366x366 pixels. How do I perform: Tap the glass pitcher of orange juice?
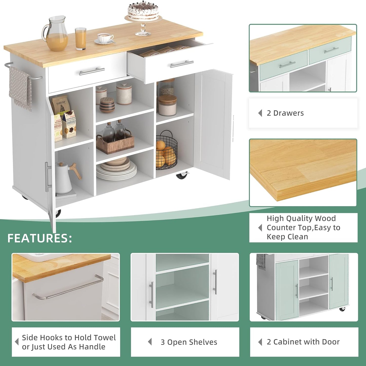click(x=56, y=34)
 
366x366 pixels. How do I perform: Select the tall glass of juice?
click(x=81, y=39)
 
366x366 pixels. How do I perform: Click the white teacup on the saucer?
click(x=105, y=38)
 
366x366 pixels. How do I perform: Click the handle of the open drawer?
click(x=182, y=64)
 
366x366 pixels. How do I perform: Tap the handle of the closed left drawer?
click(x=91, y=71)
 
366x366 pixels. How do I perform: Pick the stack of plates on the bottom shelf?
click(x=117, y=168)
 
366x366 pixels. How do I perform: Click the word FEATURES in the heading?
click(x=40, y=238)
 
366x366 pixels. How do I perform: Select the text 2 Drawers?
click(x=285, y=113)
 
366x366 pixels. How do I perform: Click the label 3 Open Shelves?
click(x=189, y=342)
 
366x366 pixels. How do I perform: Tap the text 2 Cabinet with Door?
click(x=303, y=342)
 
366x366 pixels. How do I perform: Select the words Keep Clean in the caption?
click(x=287, y=237)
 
